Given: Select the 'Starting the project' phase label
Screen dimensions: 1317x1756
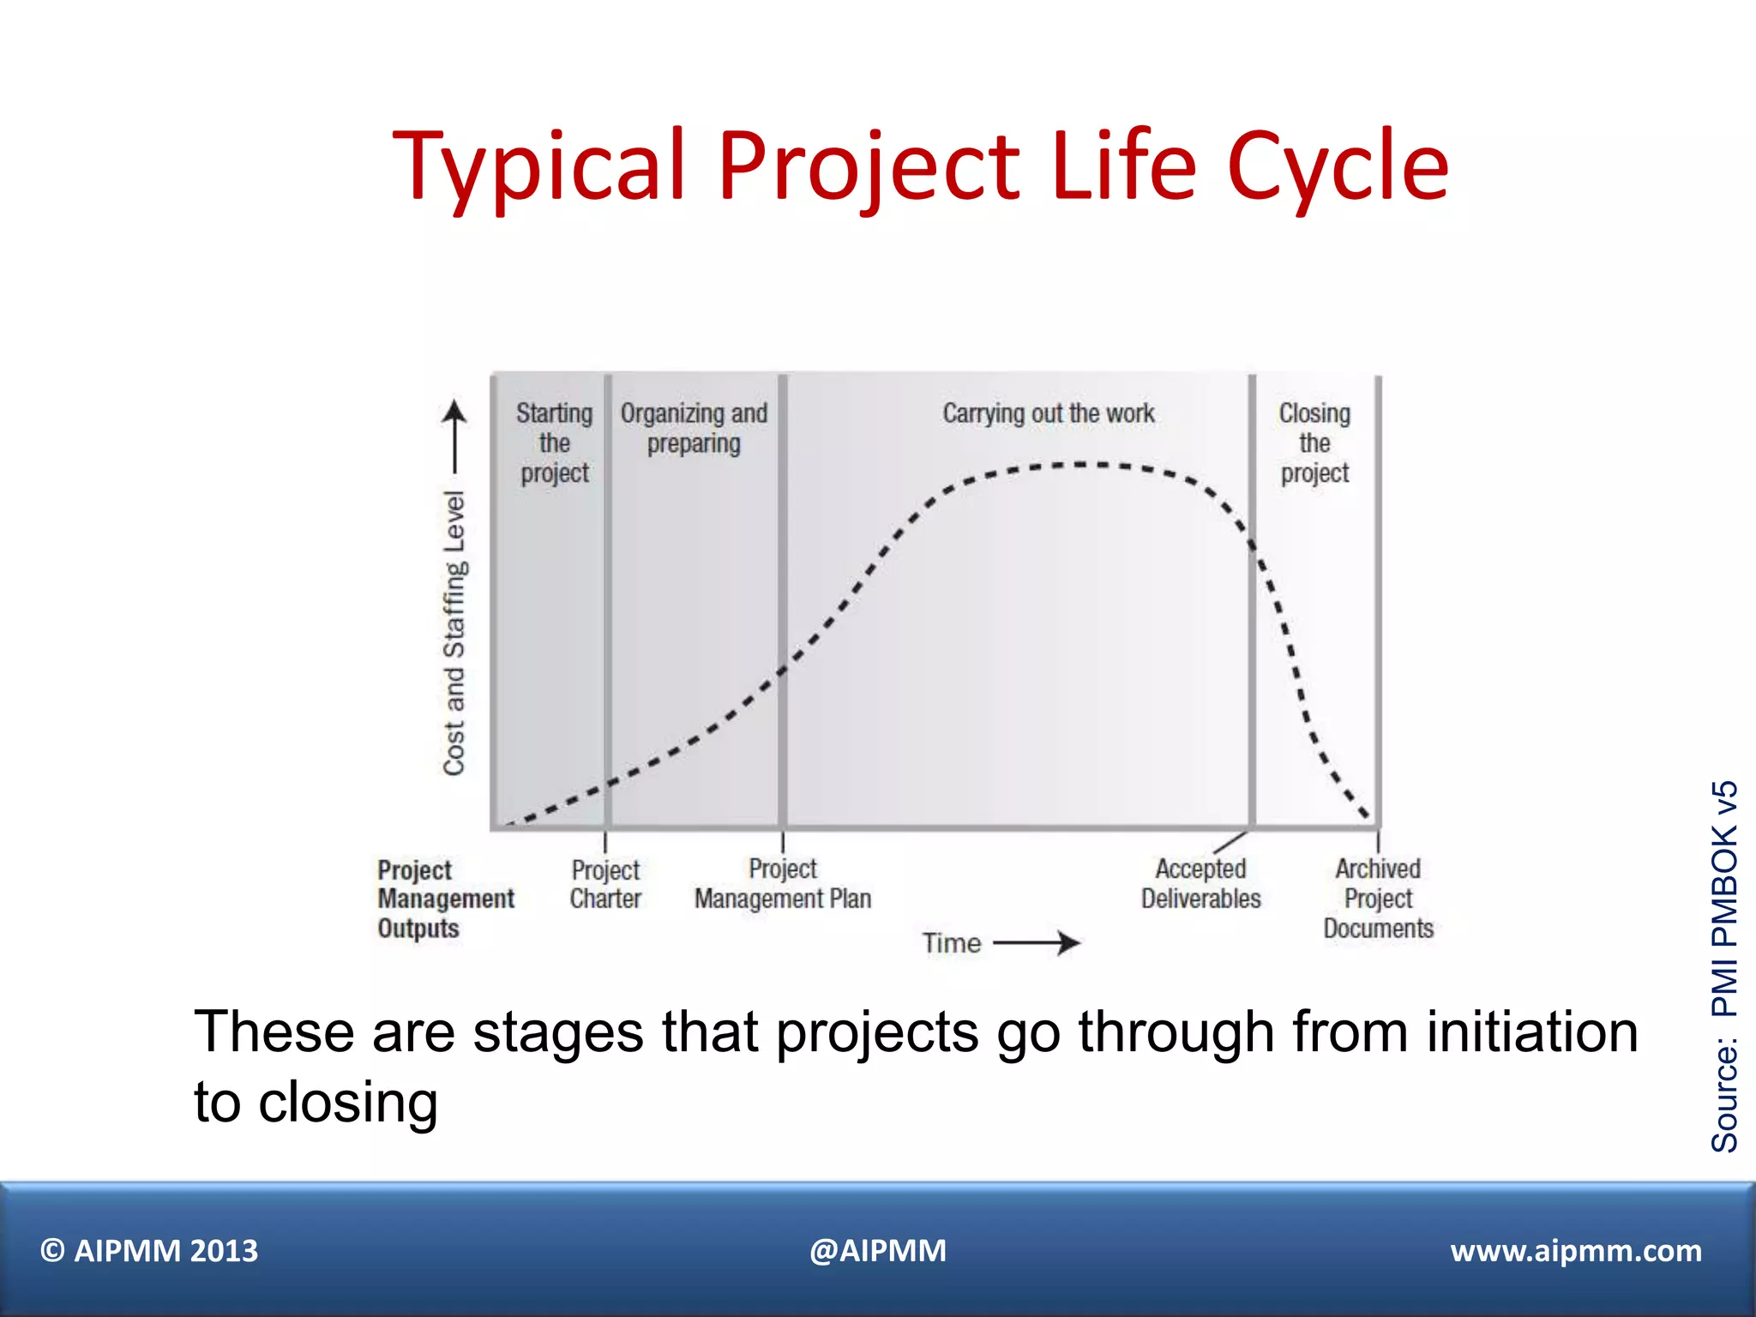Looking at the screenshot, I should (554, 443).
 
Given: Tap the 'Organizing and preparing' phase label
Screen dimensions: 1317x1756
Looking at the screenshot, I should (694, 428).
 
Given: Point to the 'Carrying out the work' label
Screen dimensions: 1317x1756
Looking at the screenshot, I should (1048, 413).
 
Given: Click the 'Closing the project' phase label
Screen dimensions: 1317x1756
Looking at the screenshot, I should (1314, 443).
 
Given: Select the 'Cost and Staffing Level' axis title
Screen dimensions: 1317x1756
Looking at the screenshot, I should (454, 633).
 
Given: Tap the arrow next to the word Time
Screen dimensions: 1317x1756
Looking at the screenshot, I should (1037, 943).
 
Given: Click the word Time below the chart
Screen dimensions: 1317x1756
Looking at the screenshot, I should (951, 943).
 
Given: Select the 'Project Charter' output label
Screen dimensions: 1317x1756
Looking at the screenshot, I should (605, 884).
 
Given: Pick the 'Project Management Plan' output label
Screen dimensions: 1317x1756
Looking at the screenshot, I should (782, 884).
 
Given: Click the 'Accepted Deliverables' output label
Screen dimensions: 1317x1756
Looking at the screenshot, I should (1200, 884).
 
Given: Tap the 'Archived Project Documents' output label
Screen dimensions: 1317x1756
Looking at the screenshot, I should (1378, 899).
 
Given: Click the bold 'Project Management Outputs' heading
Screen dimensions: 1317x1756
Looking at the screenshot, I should (445, 899).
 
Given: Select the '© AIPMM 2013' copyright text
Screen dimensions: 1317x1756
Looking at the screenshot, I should (149, 1251).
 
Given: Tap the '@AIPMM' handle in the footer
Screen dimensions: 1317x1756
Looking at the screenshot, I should (878, 1251).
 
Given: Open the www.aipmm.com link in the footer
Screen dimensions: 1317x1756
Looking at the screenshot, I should (1575, 1251).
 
